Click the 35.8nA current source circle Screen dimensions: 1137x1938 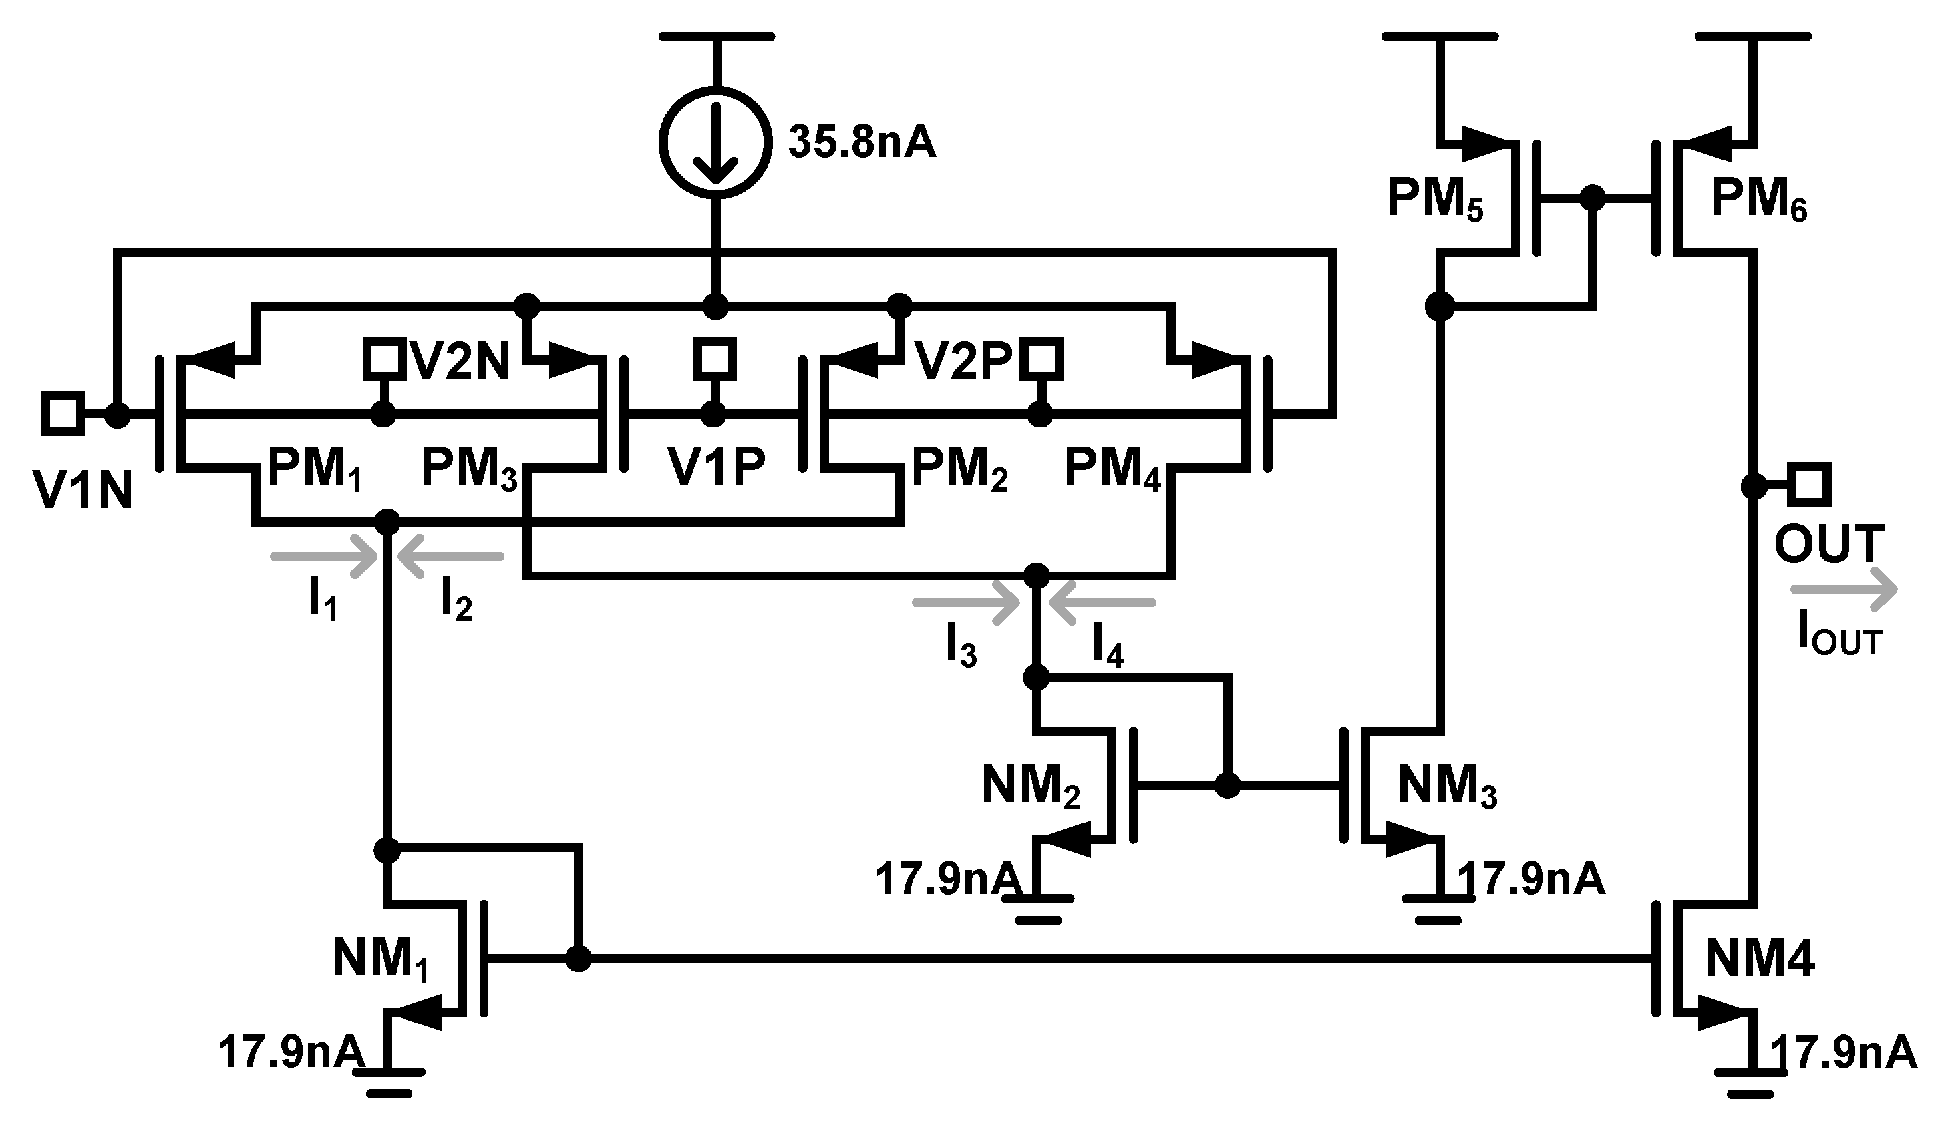click(715, 142)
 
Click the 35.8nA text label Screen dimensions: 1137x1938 click(862, 143)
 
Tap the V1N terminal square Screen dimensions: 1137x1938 click(63, 413)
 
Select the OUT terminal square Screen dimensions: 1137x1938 click(1808, 485)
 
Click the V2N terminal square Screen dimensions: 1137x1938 click(384, 359)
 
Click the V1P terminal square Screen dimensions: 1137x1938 click(714, 359)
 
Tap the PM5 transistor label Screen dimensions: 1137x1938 click(1435, 198)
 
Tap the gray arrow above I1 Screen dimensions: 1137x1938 click(323, 555)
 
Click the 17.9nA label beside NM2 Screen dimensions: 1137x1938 click(947, 879)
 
